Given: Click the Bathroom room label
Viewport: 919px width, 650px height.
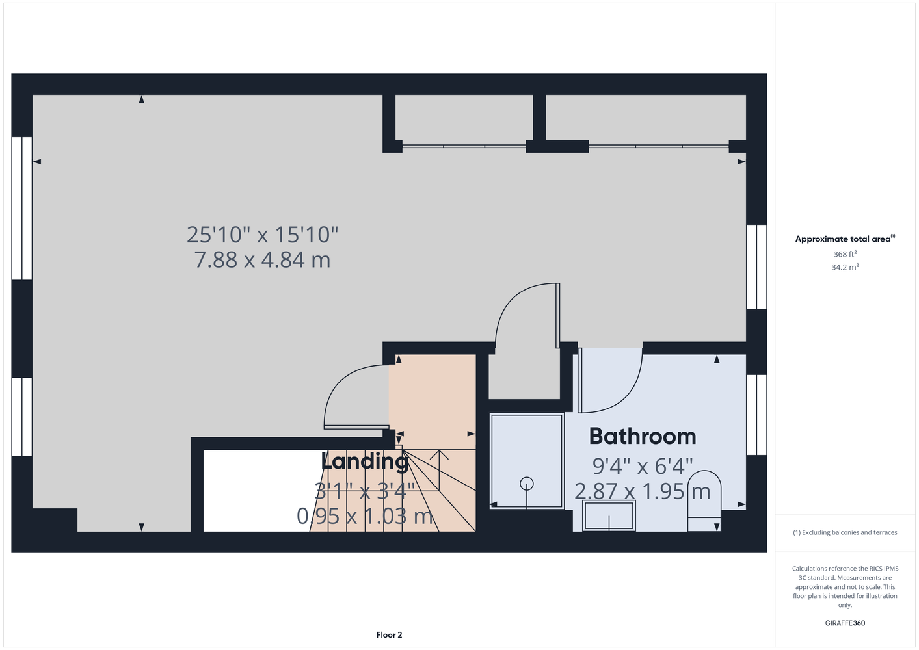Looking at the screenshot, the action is point(643,436).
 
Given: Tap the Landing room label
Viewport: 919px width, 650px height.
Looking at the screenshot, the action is point(365,461).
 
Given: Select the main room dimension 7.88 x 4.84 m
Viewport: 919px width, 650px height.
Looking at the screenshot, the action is point(262,259).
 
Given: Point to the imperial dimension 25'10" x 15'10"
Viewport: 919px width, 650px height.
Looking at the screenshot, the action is point(262,235).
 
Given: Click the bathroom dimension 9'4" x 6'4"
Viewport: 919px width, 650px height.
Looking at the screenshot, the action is point(643,466).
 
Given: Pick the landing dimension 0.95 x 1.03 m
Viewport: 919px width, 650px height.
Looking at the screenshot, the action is point(365,516).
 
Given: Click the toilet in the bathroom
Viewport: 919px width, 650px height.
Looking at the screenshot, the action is point(704,500).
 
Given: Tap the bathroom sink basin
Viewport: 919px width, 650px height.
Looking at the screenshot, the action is point(609,516).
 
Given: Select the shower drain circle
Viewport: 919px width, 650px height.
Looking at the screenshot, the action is point(527,484).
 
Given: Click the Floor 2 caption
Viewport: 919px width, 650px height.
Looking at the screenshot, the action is point(389,635).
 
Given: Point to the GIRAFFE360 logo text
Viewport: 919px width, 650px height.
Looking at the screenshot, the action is point(845,623).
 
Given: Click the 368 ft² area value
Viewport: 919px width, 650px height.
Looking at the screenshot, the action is point(845,254).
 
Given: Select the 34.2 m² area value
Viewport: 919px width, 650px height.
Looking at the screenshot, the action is point(845,267).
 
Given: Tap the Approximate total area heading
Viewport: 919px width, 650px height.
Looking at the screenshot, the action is point(845,239).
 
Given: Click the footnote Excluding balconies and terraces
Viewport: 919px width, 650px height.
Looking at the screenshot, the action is point(845,532).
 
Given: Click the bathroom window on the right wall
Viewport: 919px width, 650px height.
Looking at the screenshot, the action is point(756,415).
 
